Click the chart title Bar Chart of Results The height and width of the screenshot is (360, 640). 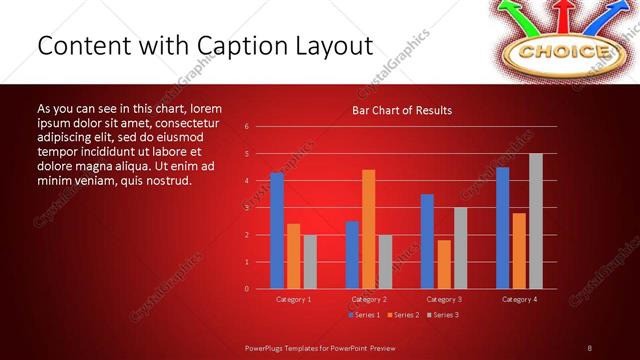(x=401, y=110)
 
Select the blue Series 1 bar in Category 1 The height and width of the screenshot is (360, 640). (x=277, y=231)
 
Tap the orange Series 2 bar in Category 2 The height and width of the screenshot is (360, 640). (x=368, y=229)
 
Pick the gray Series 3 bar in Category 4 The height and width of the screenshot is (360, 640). (x=535, y=221)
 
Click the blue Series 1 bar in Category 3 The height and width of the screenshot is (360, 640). (x=427, y=241)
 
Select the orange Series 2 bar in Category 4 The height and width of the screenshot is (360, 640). (x=519, y=250)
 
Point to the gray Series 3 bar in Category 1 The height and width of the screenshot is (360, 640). (x=310, y=261)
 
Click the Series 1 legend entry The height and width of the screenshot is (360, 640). (x=365, y=315)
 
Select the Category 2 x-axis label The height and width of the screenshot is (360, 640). (x=369, y=299)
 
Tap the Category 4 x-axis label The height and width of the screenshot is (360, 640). (x=519, y=299)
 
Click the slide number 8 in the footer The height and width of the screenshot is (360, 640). (x=589, y=347)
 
